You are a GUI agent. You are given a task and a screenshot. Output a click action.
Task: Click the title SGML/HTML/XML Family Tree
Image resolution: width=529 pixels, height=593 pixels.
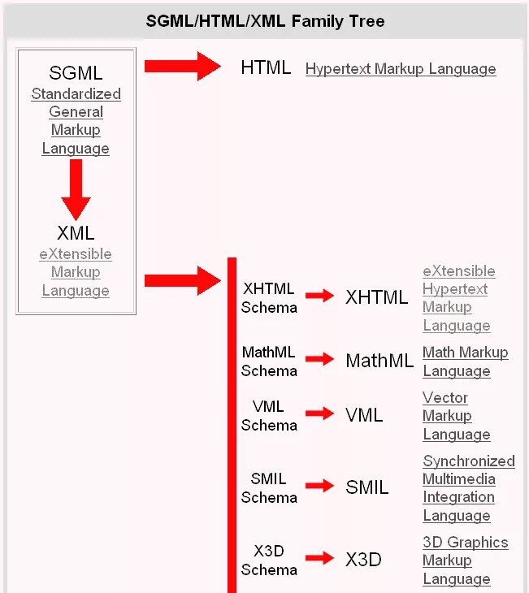(x=265, y=20)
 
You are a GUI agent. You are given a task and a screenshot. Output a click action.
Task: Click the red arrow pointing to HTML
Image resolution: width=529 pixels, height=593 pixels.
(x=182, y=67)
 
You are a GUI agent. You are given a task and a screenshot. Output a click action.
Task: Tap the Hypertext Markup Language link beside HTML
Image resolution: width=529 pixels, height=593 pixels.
(x=401, y=69)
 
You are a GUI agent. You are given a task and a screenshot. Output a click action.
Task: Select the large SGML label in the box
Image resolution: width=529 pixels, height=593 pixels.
(x=76, y=73)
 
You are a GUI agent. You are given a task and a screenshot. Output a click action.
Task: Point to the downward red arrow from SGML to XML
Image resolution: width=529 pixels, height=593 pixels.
(x=76, y=188)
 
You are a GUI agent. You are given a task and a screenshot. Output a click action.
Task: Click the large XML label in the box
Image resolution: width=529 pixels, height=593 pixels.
(x=76, y=233)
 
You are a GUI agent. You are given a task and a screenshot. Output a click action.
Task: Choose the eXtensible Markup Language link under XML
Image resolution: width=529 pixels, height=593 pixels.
(x=76, y=272)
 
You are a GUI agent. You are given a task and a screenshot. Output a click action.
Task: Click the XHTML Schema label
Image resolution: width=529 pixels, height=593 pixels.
(x=269, y=298)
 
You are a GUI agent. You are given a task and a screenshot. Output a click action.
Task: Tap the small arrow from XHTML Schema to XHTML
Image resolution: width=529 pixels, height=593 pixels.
(x=319, y=296)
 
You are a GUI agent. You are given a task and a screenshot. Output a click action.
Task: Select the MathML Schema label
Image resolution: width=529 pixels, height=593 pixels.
(x=269, y=361)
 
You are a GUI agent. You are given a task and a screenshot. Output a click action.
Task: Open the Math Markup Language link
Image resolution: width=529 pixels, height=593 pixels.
(x=465, y=361)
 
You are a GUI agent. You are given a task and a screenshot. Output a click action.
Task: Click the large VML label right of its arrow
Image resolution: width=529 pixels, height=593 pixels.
(x=363, y=415)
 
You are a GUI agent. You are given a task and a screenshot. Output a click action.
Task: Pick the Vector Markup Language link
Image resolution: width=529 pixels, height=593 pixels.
(x=456, y=416)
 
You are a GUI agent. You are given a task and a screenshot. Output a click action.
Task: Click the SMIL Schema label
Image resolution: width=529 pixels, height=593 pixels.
(x=269, y=488)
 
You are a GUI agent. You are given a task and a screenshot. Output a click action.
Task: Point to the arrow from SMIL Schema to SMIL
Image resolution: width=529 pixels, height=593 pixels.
(x=319, y=486)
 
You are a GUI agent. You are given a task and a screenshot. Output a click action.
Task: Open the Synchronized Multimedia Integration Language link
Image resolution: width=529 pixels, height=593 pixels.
(x=468, y=488)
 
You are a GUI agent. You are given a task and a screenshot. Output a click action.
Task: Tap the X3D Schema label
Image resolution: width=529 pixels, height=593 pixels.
(x=269, y=561)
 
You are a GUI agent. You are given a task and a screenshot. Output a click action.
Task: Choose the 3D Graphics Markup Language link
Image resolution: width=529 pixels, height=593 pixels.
(x=465, y=561)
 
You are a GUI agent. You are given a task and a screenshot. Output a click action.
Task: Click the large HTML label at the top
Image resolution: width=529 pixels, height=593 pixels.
(x=266, y=67)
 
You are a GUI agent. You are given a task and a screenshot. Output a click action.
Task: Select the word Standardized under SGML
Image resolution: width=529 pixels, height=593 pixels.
(x=76, y=94)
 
